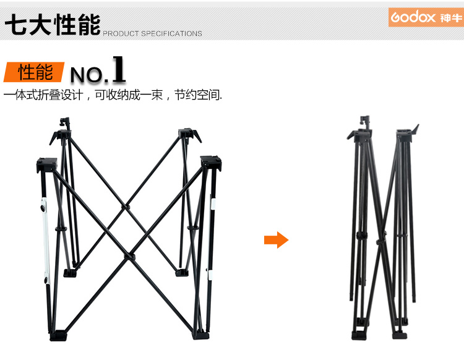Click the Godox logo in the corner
click(x=426, y=17)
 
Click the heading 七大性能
click(x=53, y=25)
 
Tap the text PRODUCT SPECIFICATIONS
click(x=152, y=33)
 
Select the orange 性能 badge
click(x=34, y=72)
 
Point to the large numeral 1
click(x=119, y=69)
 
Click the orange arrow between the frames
click(x=276, y=240)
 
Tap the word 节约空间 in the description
click(x=198, y=95)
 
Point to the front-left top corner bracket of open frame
click(x=47, y=165)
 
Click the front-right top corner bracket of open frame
click(x=211, y=163)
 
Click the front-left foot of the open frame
click(x=58, y=336)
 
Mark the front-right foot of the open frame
click(x=201, y=335)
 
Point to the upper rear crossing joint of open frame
click(x=126, y=207)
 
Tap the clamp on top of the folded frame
click(x=365, y=122)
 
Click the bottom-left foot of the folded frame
click(x=359, y=335)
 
